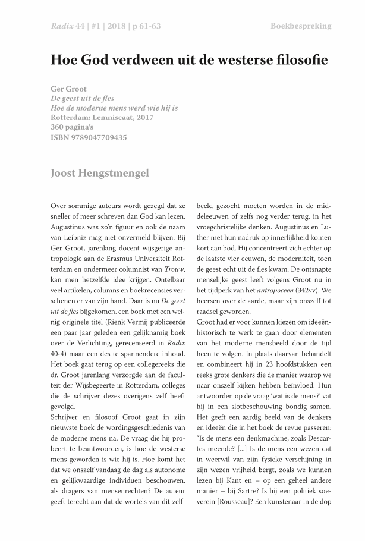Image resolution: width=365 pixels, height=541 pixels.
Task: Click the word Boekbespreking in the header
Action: coord(301,26)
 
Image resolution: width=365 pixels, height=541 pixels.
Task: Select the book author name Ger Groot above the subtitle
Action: coord(69,89)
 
